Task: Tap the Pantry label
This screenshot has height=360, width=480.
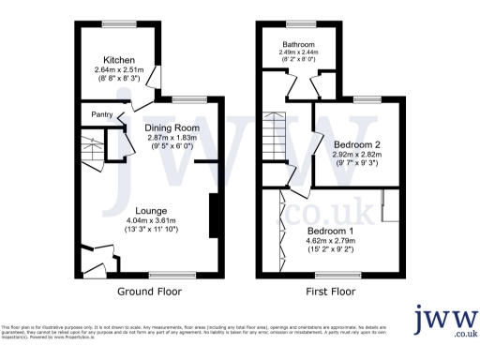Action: click(x=102, y=115)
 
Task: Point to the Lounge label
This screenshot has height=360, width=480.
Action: click(x=150, y=210)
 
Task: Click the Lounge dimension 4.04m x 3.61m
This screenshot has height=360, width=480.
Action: click(x=150, y=220)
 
